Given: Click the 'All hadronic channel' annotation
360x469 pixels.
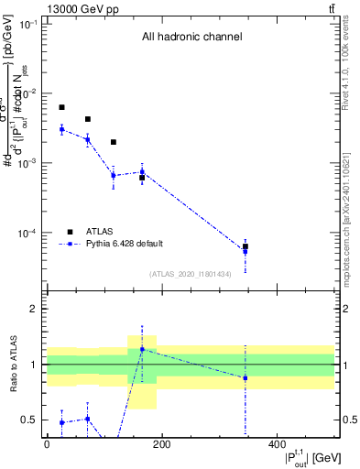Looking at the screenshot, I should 191,38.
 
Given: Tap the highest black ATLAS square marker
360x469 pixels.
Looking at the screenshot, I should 61,107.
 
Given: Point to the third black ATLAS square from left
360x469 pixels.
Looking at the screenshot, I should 113,142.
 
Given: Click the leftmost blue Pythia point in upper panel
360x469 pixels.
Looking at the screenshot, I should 61,129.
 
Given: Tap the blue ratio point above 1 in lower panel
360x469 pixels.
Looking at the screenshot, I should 142,349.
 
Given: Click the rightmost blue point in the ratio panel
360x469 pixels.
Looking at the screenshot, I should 245,377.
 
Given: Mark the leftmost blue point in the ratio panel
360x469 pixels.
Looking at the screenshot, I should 61,422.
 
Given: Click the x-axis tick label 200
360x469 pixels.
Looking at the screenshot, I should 161,444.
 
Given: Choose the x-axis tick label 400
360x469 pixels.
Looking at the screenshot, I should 277,444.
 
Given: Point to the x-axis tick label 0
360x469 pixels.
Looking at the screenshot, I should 47,444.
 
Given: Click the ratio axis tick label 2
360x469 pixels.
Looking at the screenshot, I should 34,310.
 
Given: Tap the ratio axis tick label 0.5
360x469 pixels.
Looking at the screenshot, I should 30,420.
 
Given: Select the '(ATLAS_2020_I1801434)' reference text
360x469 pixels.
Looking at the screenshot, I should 190,274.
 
